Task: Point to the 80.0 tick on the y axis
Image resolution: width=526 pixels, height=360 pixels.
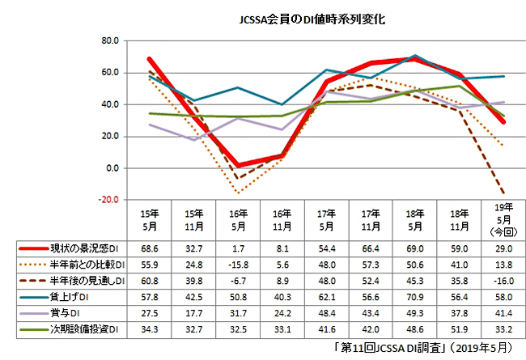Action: point(109,40)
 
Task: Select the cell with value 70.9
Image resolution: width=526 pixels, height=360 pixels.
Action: point(413,297)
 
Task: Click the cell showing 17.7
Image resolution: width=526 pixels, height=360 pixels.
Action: point(193,314)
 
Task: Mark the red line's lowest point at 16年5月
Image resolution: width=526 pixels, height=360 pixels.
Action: point(237,165)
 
